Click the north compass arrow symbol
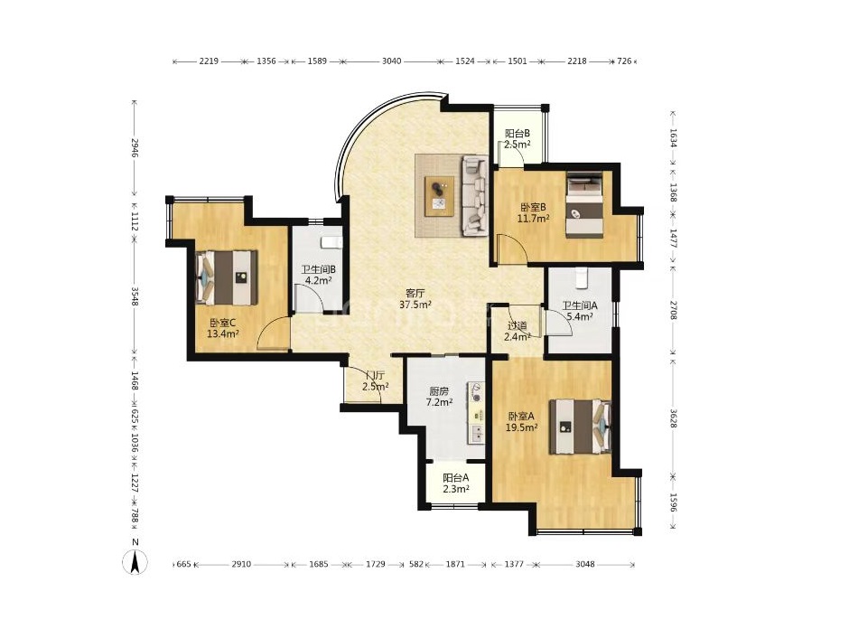coord(135,562)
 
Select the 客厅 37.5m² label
coord(415,298)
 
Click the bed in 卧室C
coord(226,277)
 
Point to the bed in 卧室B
coord(584,205)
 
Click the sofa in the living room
coord(475,196)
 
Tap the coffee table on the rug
coord(439,196)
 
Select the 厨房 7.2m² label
coord(439,397)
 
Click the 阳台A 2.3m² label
coord(456,483)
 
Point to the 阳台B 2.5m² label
coord(518,138)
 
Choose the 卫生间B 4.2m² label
coord(318,275)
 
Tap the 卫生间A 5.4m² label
coord(579,311)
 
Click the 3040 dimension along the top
coord(391,61)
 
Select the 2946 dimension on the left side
coord(135,148)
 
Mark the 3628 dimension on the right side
coord(673,418)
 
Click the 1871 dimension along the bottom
coord(455,564)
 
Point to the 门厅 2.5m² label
coord(376,381)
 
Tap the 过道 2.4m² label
coord(518,331)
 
